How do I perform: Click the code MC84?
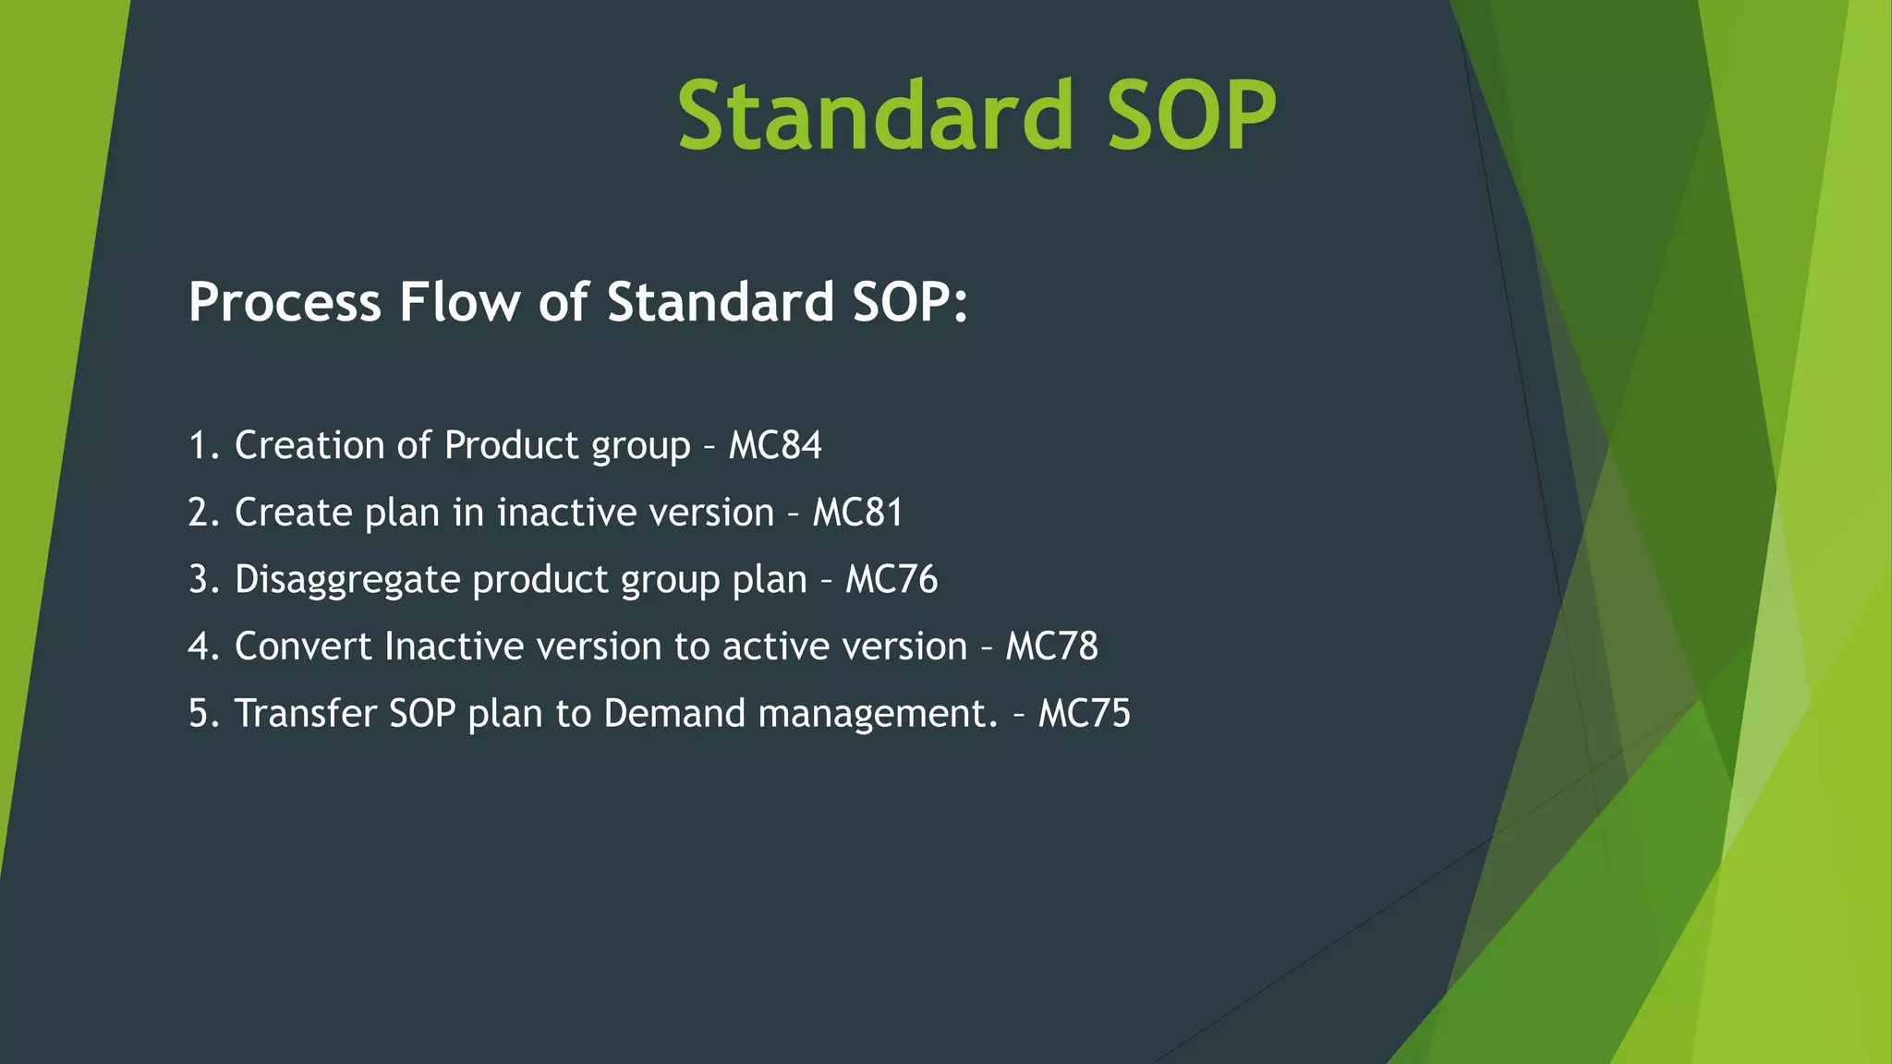coord(774,445)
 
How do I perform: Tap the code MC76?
coord(891,579)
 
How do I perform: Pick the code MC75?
coord(1084,713)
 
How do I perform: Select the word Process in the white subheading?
coord(285,302)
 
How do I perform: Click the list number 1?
coord(200,445)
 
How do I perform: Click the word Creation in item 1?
coord(309,445)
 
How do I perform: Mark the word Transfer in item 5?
coord(305,713)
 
